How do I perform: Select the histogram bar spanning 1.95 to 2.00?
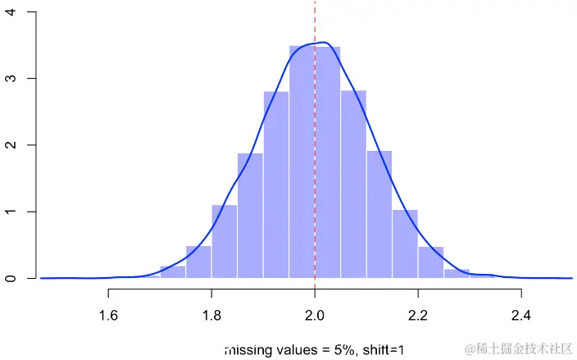(x=302, y=164)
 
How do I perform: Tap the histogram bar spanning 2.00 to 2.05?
(x=328, y=164)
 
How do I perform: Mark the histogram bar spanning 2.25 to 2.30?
(x=457, y=274)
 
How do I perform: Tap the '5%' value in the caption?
(x=343, y=350)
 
